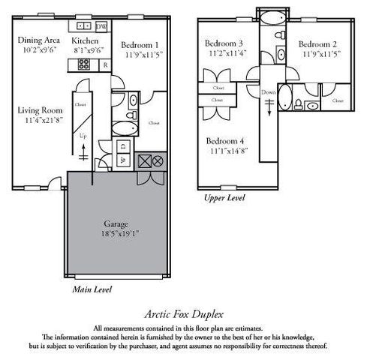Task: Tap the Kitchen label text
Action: pyautogui.click(x=86, y=41)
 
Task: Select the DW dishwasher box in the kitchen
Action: pyautogui.click(x=101, y=27)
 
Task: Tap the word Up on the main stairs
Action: pyautogui.click(x=83, y=136)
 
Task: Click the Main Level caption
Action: pyautogui.click(x=93, y=287)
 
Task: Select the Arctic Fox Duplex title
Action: pyautogui.click(x=183, y=316)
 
